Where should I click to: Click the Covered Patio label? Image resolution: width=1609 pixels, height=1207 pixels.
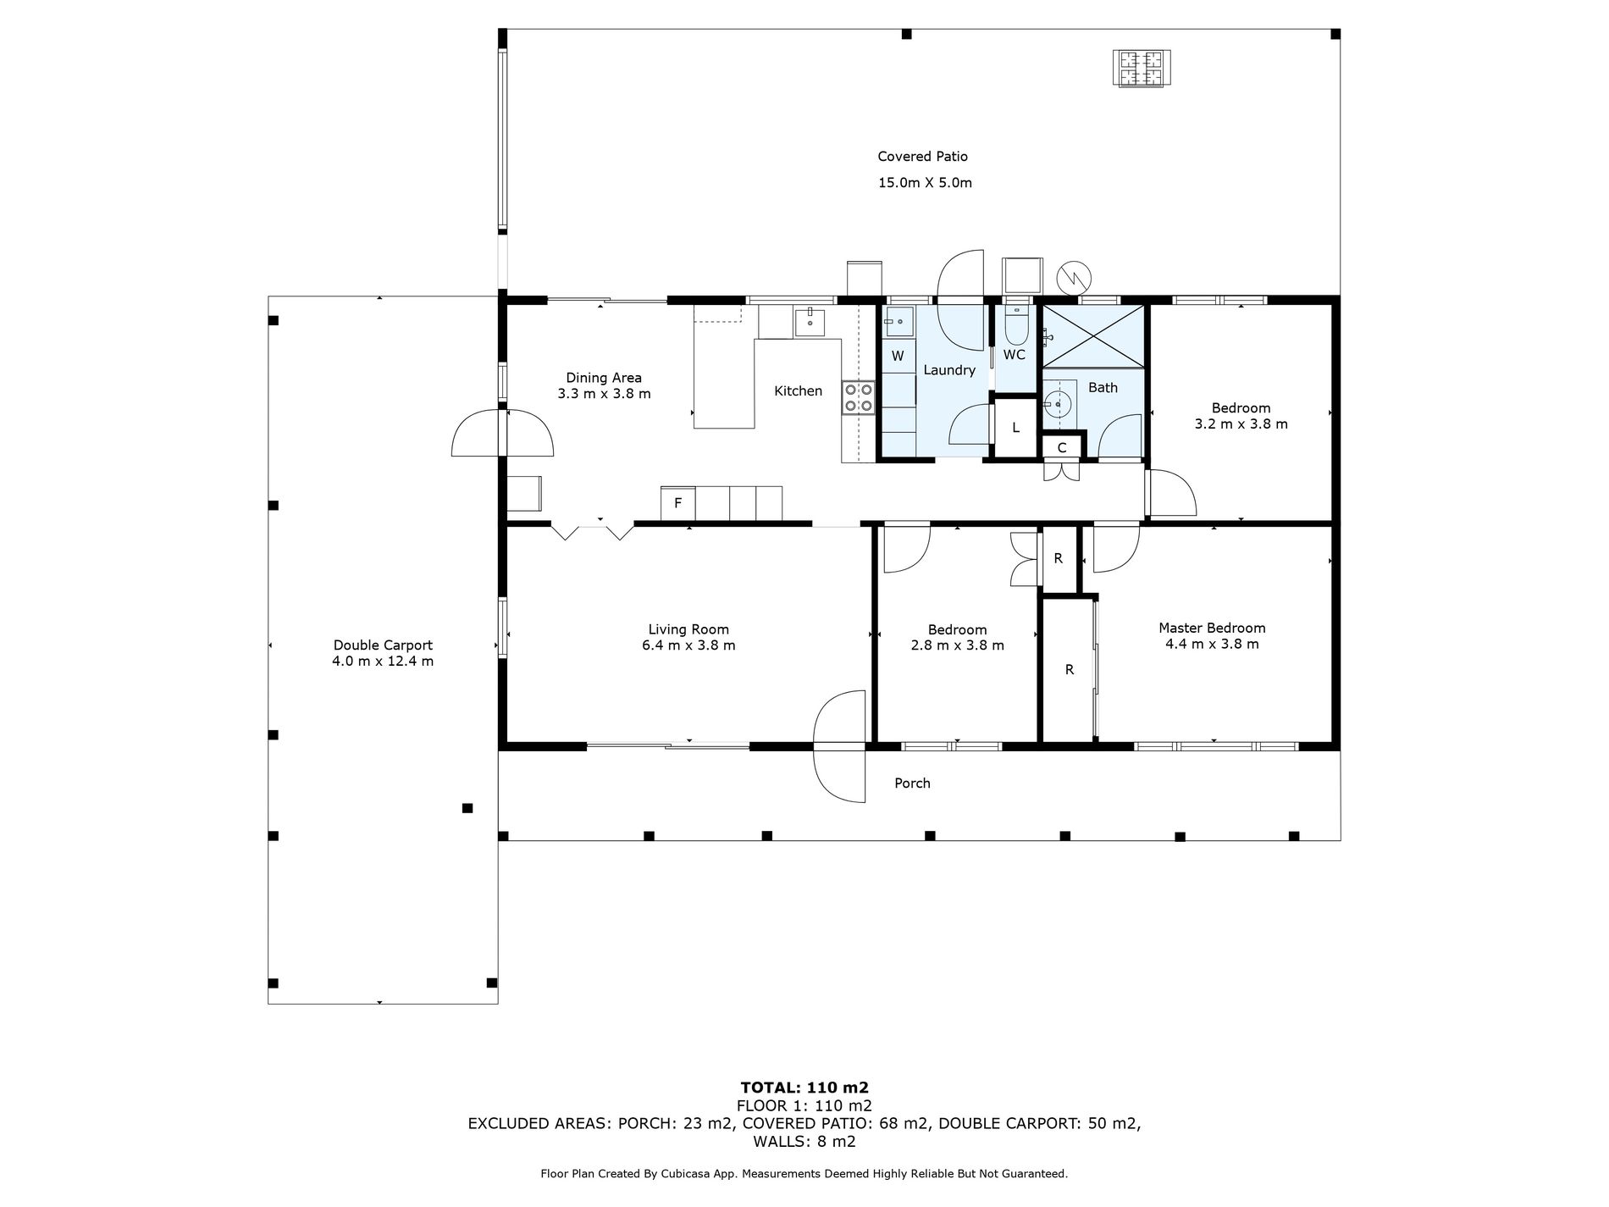[x=922, y=157]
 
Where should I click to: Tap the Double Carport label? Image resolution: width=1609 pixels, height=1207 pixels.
[x=383, y=645]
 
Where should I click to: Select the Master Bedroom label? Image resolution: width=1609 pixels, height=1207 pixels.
[x=1212, y=628]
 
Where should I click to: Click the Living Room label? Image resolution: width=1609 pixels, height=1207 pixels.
[x=688, y=629]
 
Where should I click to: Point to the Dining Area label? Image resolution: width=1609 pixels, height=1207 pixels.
[x=604, y=379]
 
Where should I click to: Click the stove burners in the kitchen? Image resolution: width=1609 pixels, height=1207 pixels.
[x=858, y=398]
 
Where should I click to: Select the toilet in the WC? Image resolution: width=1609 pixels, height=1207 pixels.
[x=1015, y=321]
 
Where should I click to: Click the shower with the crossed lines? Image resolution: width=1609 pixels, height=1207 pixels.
[x=1092, y=336]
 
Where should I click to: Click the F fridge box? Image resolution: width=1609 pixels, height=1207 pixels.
[x=677, y=503]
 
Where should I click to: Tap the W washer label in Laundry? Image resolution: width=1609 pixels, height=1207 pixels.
[x=898, y=357]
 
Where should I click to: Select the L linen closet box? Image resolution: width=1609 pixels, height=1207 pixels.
[x=1015, y=428]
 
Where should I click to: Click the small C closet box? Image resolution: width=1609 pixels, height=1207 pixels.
[x=1062, y=447]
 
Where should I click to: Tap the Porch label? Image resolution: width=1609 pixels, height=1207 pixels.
[x=912, y=783]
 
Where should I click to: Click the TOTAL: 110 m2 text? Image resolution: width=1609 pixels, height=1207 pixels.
[x=804, y=1088]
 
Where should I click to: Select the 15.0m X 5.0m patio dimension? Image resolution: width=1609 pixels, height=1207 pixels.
[x=924, y=183]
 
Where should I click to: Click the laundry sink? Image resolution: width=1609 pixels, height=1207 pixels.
[x=898, y=320]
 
